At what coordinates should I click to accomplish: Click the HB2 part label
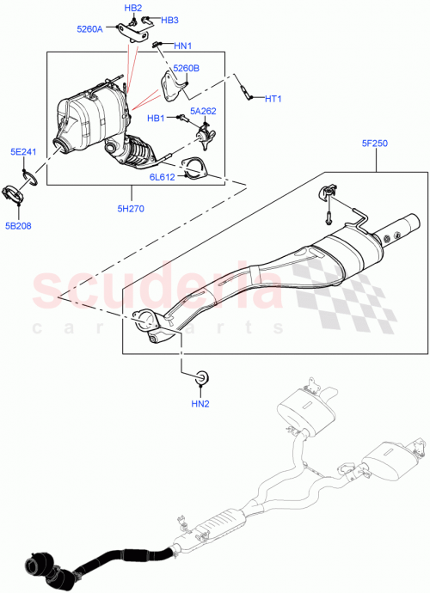133,8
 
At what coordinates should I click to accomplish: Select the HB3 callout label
169,20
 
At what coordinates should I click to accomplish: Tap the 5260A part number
89,28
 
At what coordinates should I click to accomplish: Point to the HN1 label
183,46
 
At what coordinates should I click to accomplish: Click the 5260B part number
186,68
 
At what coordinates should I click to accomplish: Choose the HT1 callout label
273,99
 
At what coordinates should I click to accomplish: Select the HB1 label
156,118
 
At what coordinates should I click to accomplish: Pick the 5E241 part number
22,152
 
